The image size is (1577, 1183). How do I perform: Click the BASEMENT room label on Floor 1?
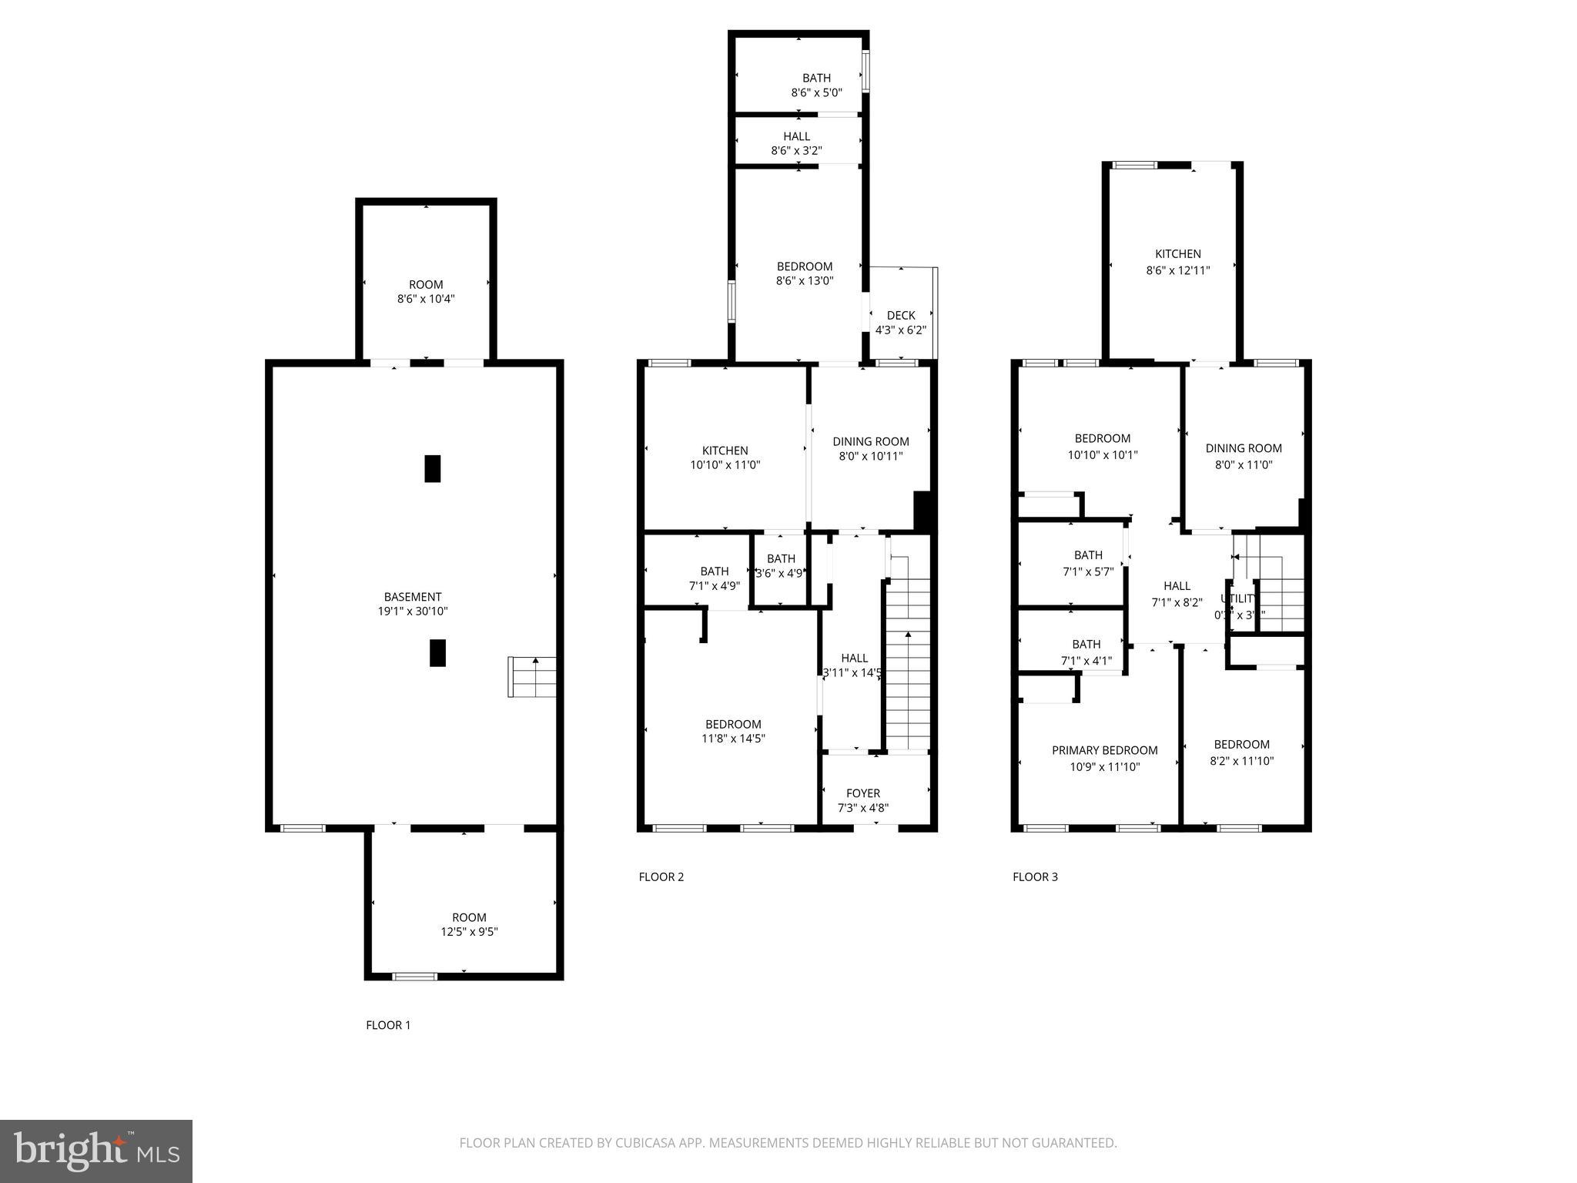[x=413, y=597]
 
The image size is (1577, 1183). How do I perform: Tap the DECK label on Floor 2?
[x=901, y=315]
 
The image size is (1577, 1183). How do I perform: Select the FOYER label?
[x=862, y=793]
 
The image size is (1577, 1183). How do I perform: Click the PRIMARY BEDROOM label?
[x=1104, y=750]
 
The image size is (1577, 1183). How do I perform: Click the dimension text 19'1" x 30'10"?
[x=413, y=612]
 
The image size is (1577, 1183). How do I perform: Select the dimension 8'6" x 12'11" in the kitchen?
[x=1177, y=270]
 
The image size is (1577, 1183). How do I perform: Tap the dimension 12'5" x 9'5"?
[x=469, y=932]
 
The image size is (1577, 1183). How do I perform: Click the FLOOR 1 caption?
[x=388, y=1025]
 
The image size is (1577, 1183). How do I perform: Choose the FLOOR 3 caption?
[x=1035, y=876]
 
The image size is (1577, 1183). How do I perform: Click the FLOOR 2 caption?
[x=661, y=876]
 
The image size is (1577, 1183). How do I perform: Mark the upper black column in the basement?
[x=433, y=468]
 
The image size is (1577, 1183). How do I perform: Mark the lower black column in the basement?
[x=437, y=652]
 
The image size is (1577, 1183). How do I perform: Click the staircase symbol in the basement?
[x=532, y=677]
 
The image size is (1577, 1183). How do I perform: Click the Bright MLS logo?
[x=96, y=1151]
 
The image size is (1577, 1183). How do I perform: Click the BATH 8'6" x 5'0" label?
[x=816, y=85]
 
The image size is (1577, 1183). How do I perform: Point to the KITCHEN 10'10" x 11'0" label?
[x=725, y=457]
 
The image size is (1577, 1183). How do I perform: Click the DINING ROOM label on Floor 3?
[x=1243, y=448]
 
